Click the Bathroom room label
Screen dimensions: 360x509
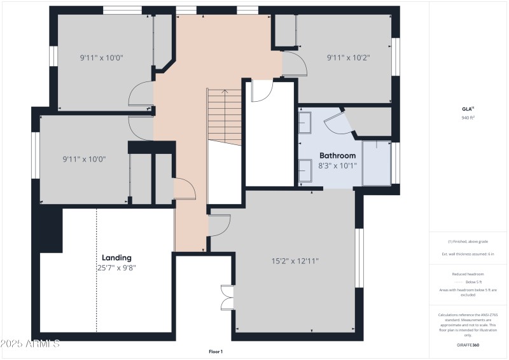coord(337,155)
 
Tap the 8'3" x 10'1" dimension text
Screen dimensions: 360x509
coord(337,165)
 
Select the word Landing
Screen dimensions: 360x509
coord(116,258)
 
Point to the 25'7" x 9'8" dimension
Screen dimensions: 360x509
coord(116,268)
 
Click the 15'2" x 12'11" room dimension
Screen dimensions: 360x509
coord(295,260)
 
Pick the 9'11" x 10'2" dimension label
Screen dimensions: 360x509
coord(348,57)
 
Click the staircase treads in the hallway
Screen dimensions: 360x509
coord(225,114)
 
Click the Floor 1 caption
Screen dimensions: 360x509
coord(216,351)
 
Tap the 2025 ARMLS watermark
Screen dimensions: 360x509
coord(30,344)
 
